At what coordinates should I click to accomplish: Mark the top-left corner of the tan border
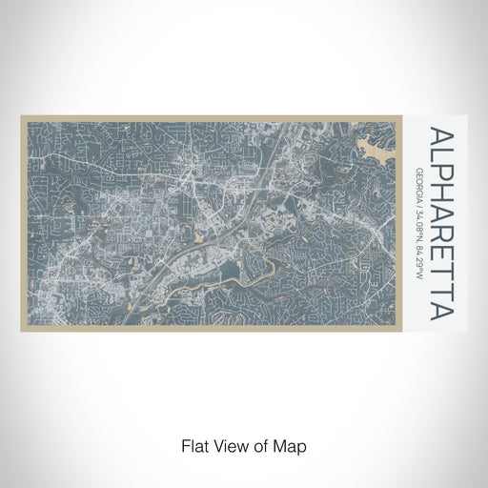pyautogui.click(x=21, y=117)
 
